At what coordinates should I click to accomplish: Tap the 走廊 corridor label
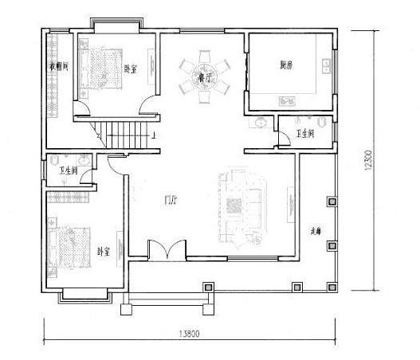pyautogui.click(x=315, y=229)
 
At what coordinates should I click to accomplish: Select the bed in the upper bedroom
pyautogui.click(x=100, y=68)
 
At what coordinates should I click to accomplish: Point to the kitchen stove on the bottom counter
pyautogui.click(x=287, y=101)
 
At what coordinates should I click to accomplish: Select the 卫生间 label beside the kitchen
pyautogui.click(x=305, y=134)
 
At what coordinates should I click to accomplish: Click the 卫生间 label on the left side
pyautogui.click(x=69, y=170)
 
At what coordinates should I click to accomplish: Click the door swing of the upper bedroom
pyautogui.click(x=148, y=103)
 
